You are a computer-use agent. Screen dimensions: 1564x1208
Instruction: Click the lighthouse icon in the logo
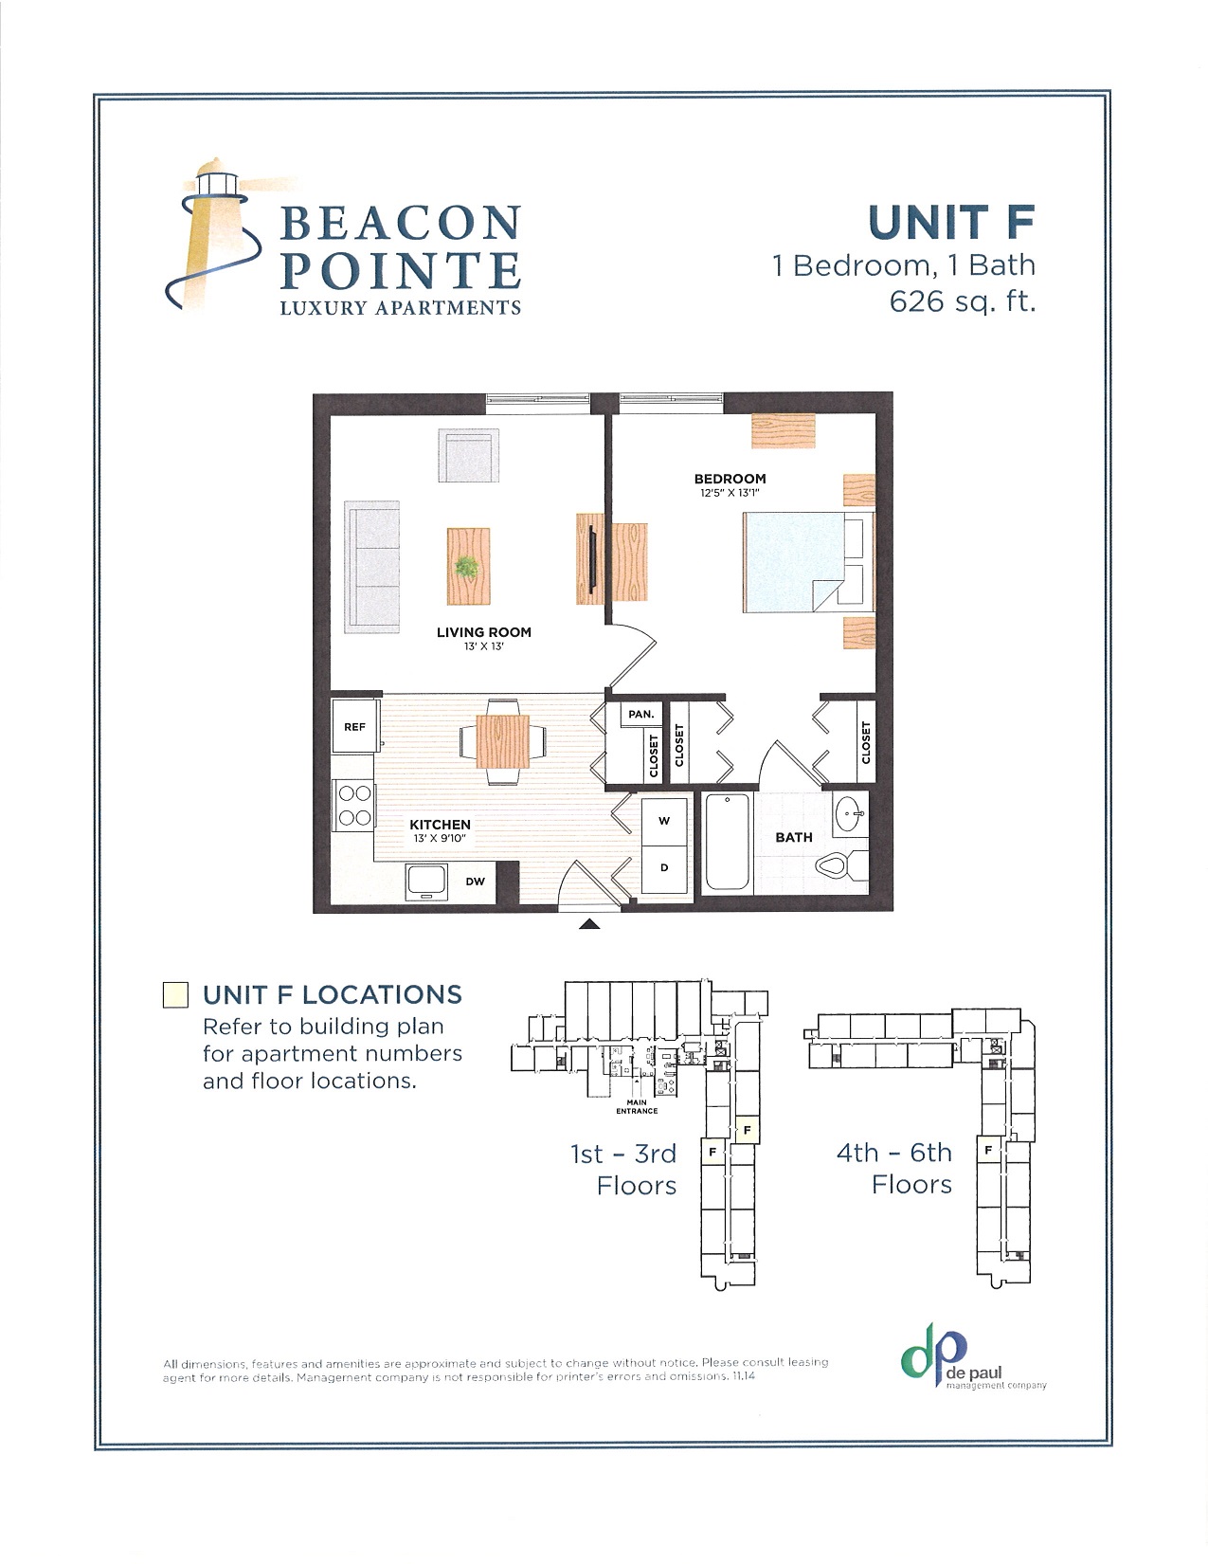tap(210, 232)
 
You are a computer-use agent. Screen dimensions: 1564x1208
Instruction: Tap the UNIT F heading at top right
tap(950, 223)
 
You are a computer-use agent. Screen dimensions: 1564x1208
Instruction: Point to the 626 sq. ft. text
tap(962, 301)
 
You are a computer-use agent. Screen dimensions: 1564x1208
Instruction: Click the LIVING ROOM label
tap(483, 632)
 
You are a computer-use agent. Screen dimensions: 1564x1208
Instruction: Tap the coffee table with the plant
tap(468, 567)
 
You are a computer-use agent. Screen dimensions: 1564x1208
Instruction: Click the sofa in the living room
tap(372, 567)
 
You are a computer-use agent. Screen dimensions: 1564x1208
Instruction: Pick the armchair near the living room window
tap(468, 455)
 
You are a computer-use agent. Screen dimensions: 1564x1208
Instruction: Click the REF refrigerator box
tap(354, 727)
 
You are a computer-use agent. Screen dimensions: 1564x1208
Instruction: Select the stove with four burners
tap(354, 804)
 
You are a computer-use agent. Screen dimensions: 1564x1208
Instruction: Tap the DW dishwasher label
tap(476, 882)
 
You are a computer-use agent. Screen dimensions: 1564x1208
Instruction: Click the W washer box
tap(664, 822)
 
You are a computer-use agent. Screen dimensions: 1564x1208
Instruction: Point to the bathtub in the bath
tap(727, 842)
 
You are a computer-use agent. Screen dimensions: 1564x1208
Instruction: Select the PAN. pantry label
tap(641, 714)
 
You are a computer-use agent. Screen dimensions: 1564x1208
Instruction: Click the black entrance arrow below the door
tap(588, 924)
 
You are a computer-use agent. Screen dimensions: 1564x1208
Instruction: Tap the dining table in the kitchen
tap(502, 741)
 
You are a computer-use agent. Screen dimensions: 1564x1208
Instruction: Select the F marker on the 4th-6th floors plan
tap(988, 1150)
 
